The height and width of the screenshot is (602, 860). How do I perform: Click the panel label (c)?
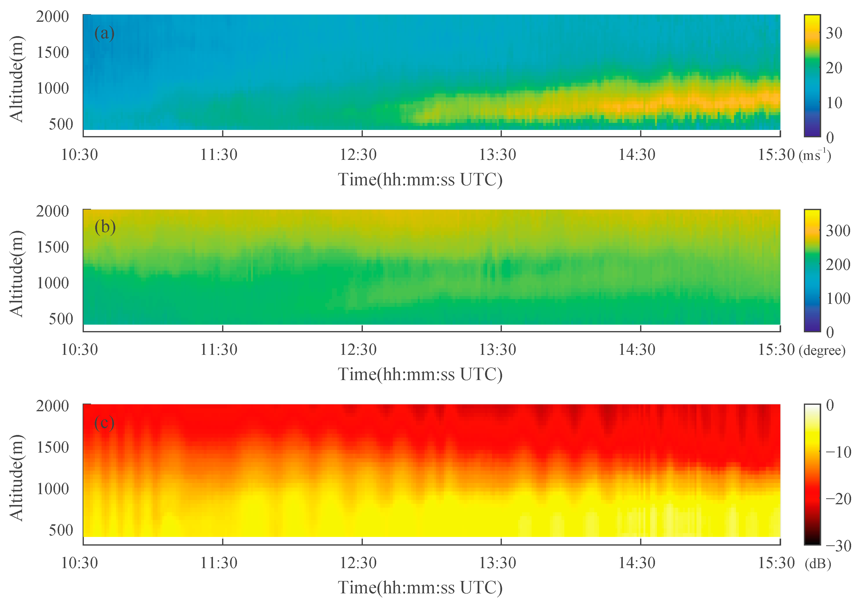(x=104, y=423)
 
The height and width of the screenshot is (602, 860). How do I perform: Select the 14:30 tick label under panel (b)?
(x=636, y=350)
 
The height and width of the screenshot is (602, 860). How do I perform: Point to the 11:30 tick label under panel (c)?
(x=219, y=563)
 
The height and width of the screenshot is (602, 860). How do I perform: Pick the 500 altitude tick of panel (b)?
(x=61, y=319)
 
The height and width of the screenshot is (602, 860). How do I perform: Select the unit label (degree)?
(x=822, y=350)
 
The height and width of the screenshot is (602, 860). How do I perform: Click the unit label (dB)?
(x=818, y=563)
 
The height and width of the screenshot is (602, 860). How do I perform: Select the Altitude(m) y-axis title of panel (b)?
(x=17, y=273)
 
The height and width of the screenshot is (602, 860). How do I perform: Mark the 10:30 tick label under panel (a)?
(x=79, y=155)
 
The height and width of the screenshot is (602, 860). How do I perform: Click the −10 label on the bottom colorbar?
(x=838, y=452)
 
